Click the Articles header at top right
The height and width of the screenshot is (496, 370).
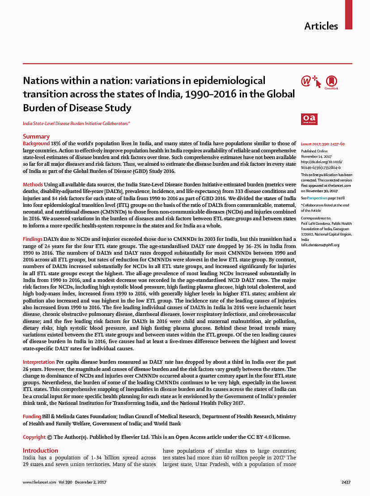tap(321, 26)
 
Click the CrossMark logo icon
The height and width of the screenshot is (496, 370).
tap(332, 82)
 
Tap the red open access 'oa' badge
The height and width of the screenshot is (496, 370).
tap(309, 119)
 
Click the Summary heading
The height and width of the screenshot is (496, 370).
tap(36, 136)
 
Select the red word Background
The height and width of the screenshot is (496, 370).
tap(36, 143)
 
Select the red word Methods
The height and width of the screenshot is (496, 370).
tap(33, 185)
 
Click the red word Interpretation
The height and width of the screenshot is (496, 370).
tap(39, 361)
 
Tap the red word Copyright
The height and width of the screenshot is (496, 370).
tap(34, 437)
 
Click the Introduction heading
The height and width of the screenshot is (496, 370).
tap(41, 450)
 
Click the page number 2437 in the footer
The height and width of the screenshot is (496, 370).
tap(346, 482)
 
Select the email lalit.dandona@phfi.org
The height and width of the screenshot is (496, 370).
tap(320, 245)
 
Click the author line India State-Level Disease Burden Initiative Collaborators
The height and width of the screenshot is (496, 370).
tap(76, 123)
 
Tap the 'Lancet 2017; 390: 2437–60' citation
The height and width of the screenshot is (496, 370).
tap(323, 144)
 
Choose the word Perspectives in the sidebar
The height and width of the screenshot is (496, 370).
tap(317, 198)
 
